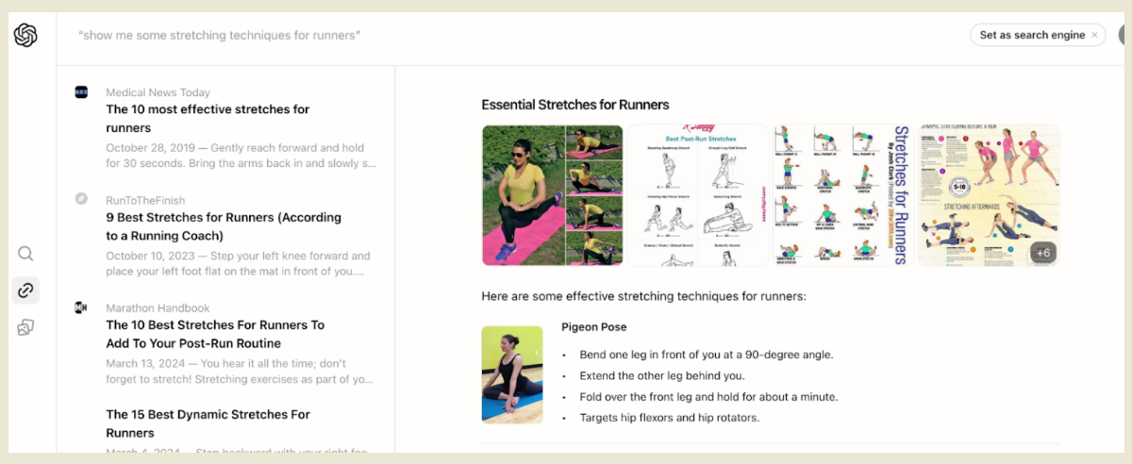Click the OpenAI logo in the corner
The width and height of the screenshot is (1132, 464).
[25, 35]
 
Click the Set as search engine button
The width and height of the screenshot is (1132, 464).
[1032, 35]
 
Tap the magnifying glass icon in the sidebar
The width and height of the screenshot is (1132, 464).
[25, 253]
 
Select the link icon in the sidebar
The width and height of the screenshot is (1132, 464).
[25, 290]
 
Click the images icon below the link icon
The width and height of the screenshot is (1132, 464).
[25, 327]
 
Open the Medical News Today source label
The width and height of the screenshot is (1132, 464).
[158, 92]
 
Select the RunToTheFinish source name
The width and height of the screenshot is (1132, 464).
[145, 200]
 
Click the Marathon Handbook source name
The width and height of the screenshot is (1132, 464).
[158, 307]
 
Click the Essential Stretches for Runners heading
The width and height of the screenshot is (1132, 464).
[574, 105]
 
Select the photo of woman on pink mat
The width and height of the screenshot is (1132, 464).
[552, 195]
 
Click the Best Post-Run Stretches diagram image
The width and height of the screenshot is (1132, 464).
[698, 195]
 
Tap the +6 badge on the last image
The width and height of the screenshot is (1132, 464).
[1042, 253]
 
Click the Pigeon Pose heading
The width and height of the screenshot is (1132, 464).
[593, 327]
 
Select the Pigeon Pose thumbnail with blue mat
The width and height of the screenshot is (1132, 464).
[511, 374]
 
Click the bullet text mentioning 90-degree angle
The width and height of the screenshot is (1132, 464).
[697, 355]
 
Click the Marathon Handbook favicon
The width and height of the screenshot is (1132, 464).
[81, 307]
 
